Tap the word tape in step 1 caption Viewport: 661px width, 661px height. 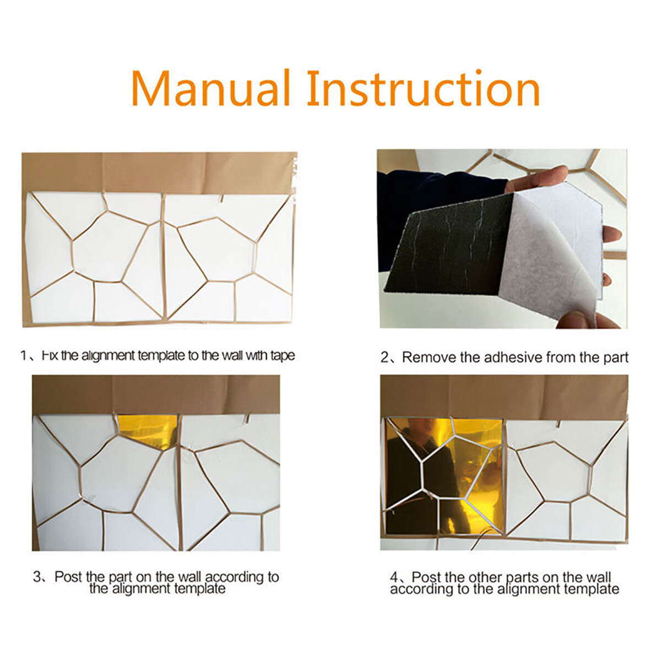pyautogui.click(x=283, y=356)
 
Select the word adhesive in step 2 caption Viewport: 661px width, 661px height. pyautogui.click(x=514, y=357)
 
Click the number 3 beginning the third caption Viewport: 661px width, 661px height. pyautogui.click(x=37, y=577)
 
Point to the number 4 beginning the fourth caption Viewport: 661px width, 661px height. pyautogui.click(x=394, y=577)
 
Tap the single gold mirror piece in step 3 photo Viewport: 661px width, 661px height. pyautogui.click(x=148, y=431)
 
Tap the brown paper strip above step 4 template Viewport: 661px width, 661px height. pyautogui.click(x=503, y=397)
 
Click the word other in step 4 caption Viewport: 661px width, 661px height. pyautogui.click(x=487, y=577)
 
